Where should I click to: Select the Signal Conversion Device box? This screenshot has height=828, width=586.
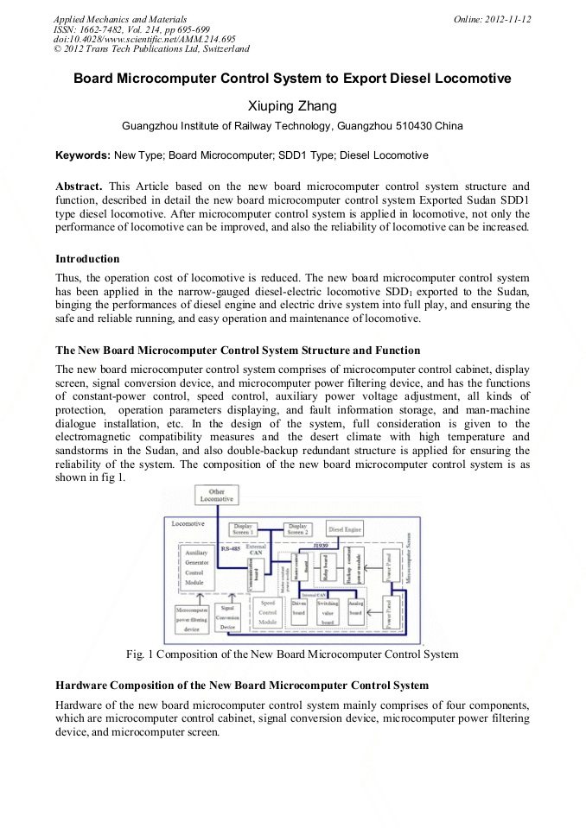click(227, 617)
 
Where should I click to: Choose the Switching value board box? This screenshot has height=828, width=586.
click(328, 612)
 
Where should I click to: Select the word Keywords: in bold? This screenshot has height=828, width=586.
click(83, 155)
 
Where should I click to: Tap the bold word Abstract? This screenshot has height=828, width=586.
click(79, 186)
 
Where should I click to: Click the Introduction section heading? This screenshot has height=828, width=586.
click(87, 258)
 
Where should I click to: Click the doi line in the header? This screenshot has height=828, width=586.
click(144, 39)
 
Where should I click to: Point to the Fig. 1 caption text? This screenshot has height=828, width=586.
click(292, 654)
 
